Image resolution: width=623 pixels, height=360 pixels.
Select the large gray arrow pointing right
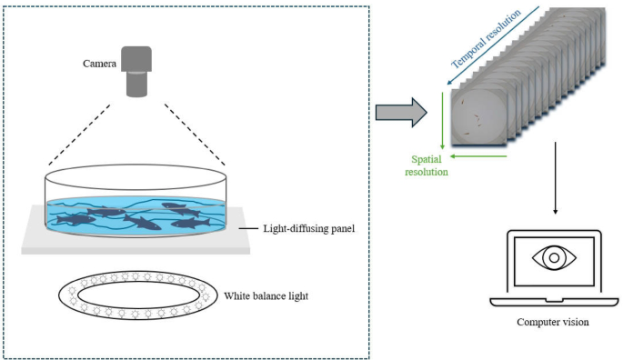400,113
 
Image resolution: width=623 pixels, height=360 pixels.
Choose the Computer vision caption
554,322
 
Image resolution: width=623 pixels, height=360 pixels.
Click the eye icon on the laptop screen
554,258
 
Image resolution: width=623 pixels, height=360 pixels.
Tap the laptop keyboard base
554,300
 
